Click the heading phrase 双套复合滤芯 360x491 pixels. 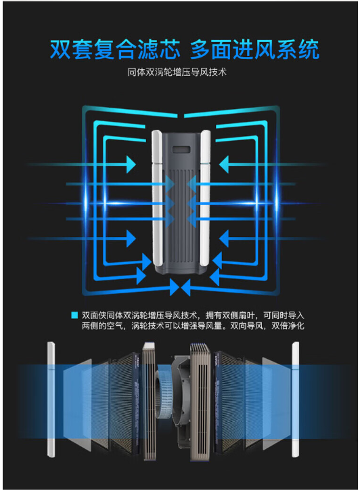tap(115, 49)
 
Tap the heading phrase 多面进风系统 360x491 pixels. tap(254, 49)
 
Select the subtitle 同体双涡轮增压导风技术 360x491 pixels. tap(177, 72)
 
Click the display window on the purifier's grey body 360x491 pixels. tap(182, 150)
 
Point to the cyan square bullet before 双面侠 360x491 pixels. tap(74, 315)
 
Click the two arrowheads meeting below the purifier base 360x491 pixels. tap(180, 287)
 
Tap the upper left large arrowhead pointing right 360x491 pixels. tap(131, 164)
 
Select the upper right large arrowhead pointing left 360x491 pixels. tap(224, 164)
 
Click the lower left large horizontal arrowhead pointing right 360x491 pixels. tap(131, 238)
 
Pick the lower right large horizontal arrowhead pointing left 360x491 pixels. tap(224, 238)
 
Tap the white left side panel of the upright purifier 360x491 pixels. tap(157, 197)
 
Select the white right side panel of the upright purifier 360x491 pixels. tap(205, 197)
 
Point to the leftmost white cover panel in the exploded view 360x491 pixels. tap(51, 400)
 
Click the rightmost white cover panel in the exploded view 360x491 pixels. tap(296, 400)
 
